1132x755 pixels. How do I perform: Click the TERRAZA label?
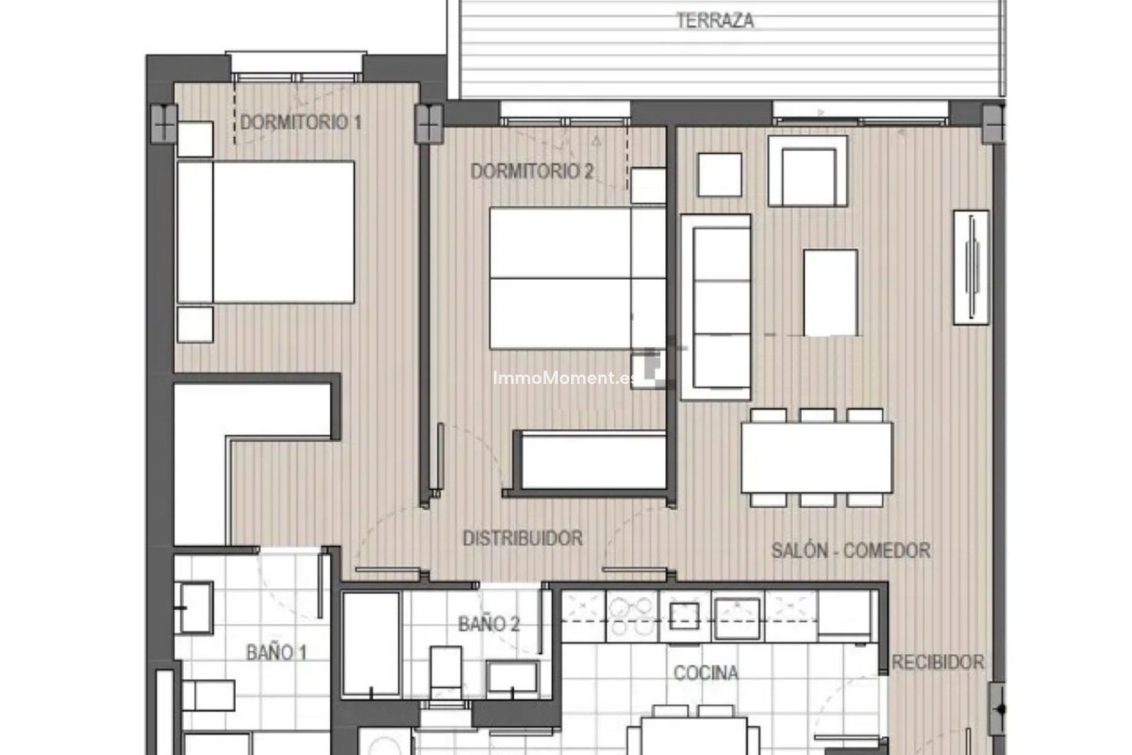coord(715,21)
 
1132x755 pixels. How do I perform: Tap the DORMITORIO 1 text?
coord(301,123)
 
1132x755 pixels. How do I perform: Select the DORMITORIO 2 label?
coord(532,172)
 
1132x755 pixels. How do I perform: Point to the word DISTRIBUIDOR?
coord(522,538)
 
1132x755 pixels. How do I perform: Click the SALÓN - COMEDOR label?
coord(851,551)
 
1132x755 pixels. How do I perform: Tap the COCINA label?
coord(706,672)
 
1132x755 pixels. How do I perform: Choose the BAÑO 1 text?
coord(277,653)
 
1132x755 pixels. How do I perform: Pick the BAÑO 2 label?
coord(489,624)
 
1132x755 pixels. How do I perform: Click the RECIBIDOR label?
coord(937,662)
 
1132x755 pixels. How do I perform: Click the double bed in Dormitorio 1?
coord(266,232)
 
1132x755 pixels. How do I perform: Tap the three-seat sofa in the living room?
coord(715,307)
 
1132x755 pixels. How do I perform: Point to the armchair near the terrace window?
coord(808,171)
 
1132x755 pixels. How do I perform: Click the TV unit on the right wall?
coord(970,267)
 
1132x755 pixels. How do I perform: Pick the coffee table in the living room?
coord(830,292)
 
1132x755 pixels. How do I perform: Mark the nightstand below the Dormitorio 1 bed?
coord(195,324)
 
